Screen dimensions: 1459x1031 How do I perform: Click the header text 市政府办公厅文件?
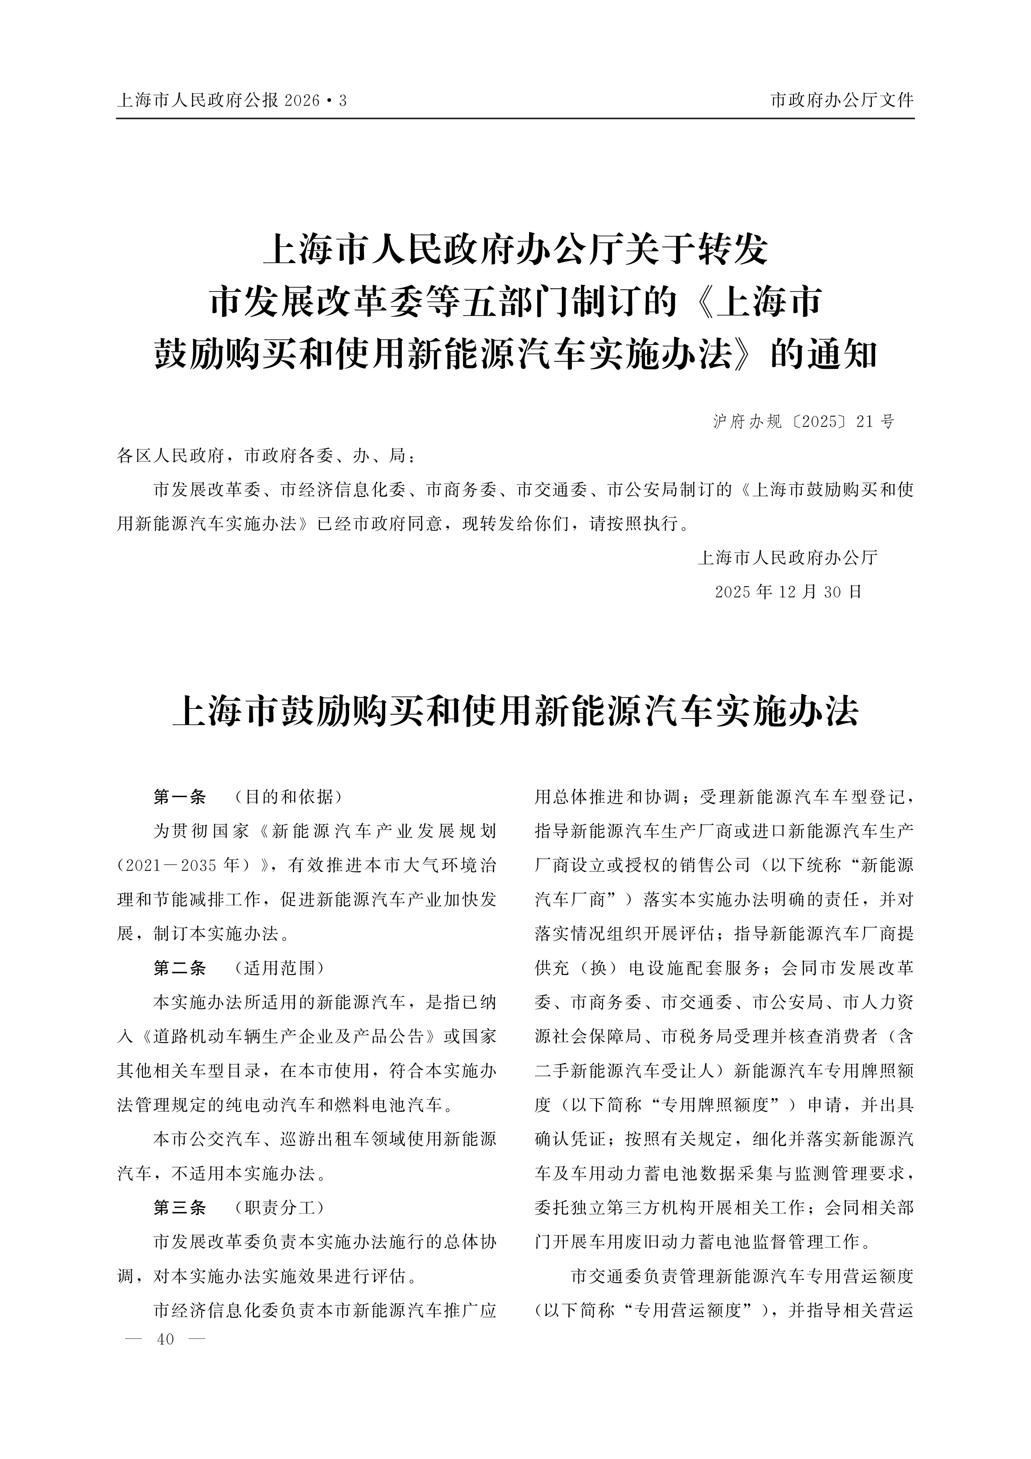pos(842,100)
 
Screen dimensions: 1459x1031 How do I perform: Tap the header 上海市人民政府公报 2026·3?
pos(232,100)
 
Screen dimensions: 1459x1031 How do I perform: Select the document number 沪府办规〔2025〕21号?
pos(804,421)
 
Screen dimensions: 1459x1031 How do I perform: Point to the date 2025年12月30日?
pos(788,592)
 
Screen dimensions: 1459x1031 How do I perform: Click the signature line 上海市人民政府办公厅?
pos(788,558)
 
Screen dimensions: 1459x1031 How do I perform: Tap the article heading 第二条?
pos(180,968)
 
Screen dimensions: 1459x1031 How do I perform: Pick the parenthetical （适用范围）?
pos(280,968)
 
